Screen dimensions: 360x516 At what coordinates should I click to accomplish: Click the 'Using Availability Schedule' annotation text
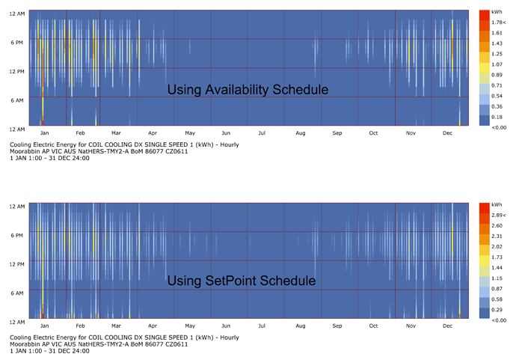point(248,90)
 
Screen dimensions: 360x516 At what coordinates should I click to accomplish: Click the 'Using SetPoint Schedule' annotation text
point(241,281)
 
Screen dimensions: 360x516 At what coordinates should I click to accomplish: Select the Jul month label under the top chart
point(262,134)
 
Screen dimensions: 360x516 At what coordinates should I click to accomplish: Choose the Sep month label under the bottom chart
point(337,326)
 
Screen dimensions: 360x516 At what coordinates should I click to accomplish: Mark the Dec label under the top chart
point(447,134)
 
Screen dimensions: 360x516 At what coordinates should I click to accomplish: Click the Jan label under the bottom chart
point(44,326)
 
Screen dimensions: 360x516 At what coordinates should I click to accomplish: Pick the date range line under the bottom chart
point(44,352)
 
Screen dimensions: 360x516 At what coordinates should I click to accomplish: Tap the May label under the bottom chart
point(190,326)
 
